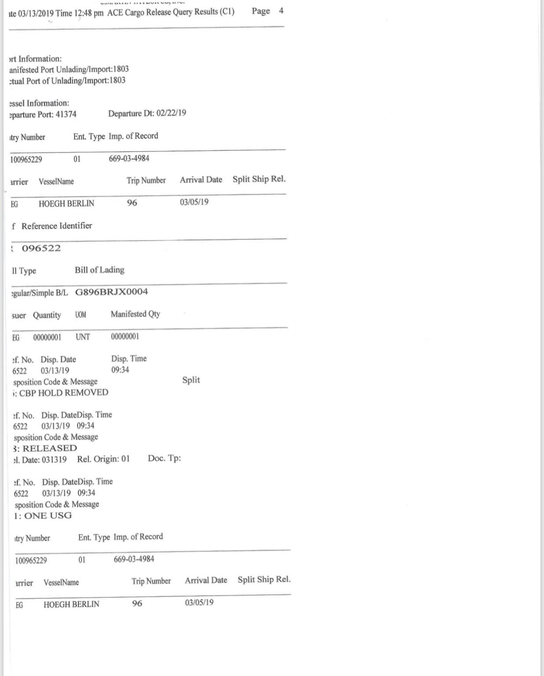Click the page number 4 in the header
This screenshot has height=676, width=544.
tap(281, 11)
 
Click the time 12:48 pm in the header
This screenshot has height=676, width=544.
tap(89, 13)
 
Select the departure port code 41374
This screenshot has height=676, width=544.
tap(66, 114)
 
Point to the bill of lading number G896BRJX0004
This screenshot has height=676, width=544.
tap(111, 292)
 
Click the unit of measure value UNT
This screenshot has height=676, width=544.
tap(83, 337)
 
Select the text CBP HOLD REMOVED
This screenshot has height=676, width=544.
tap(64, 393)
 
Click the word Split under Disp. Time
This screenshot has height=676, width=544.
tap(191, 380)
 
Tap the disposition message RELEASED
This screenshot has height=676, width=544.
tap(50, 448)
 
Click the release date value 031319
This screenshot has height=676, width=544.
tap(54, 459)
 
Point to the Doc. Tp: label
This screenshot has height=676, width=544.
tap(164, 459)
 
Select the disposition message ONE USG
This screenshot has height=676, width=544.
tap(48, 516)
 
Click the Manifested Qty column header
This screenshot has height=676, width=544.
tap(135, 314)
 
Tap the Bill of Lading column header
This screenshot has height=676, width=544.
tap(100, 270)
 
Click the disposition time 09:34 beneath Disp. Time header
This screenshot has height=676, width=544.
tap(120, 370)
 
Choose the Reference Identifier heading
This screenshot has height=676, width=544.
tap(57, 226)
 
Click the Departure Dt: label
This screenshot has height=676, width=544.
tap(131, 114)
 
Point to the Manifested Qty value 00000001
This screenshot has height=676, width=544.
tap(125, 337)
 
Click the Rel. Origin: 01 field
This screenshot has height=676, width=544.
tap(104, 459)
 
